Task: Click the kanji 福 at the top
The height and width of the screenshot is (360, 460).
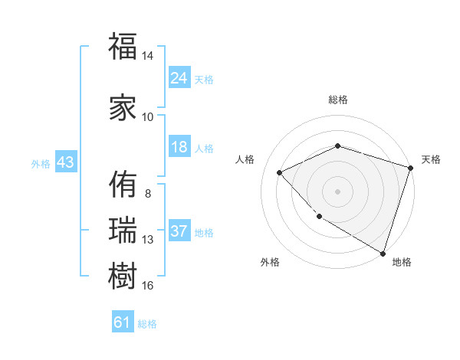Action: [x=123, y=47]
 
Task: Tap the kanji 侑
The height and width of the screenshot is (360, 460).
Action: [x=123, y=184]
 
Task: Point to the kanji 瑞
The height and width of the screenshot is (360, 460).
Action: [x=123, y=229]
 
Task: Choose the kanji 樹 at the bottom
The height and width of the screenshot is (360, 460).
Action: [x=123, y=275]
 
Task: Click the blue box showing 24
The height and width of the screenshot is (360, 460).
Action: [x=179, y=78]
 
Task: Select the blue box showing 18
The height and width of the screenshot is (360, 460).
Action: [x=179, y=147]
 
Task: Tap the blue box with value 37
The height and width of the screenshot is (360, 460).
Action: [x=179, y=231]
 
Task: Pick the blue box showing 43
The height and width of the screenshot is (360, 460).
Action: [x=65, y=162]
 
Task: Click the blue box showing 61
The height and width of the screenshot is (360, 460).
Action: [x=123, y=322]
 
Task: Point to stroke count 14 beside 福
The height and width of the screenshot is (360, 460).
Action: [x=147, y=57]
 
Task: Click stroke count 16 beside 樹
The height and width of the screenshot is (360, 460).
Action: [x=147, y=286]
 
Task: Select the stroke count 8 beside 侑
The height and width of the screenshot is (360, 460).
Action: [x=147, y=193]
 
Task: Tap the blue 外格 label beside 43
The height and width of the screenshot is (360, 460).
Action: [x=41, y=163]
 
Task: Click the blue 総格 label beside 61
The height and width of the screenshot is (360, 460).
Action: [x=147, y=324]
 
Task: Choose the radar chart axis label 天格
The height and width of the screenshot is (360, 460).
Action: [x=431, y=159]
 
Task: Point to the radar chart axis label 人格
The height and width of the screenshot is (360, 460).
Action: [x=245, y=159]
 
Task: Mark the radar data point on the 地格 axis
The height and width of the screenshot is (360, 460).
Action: [x=382, y=252]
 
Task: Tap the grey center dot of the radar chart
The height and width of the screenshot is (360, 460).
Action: [x=337, y=191]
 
